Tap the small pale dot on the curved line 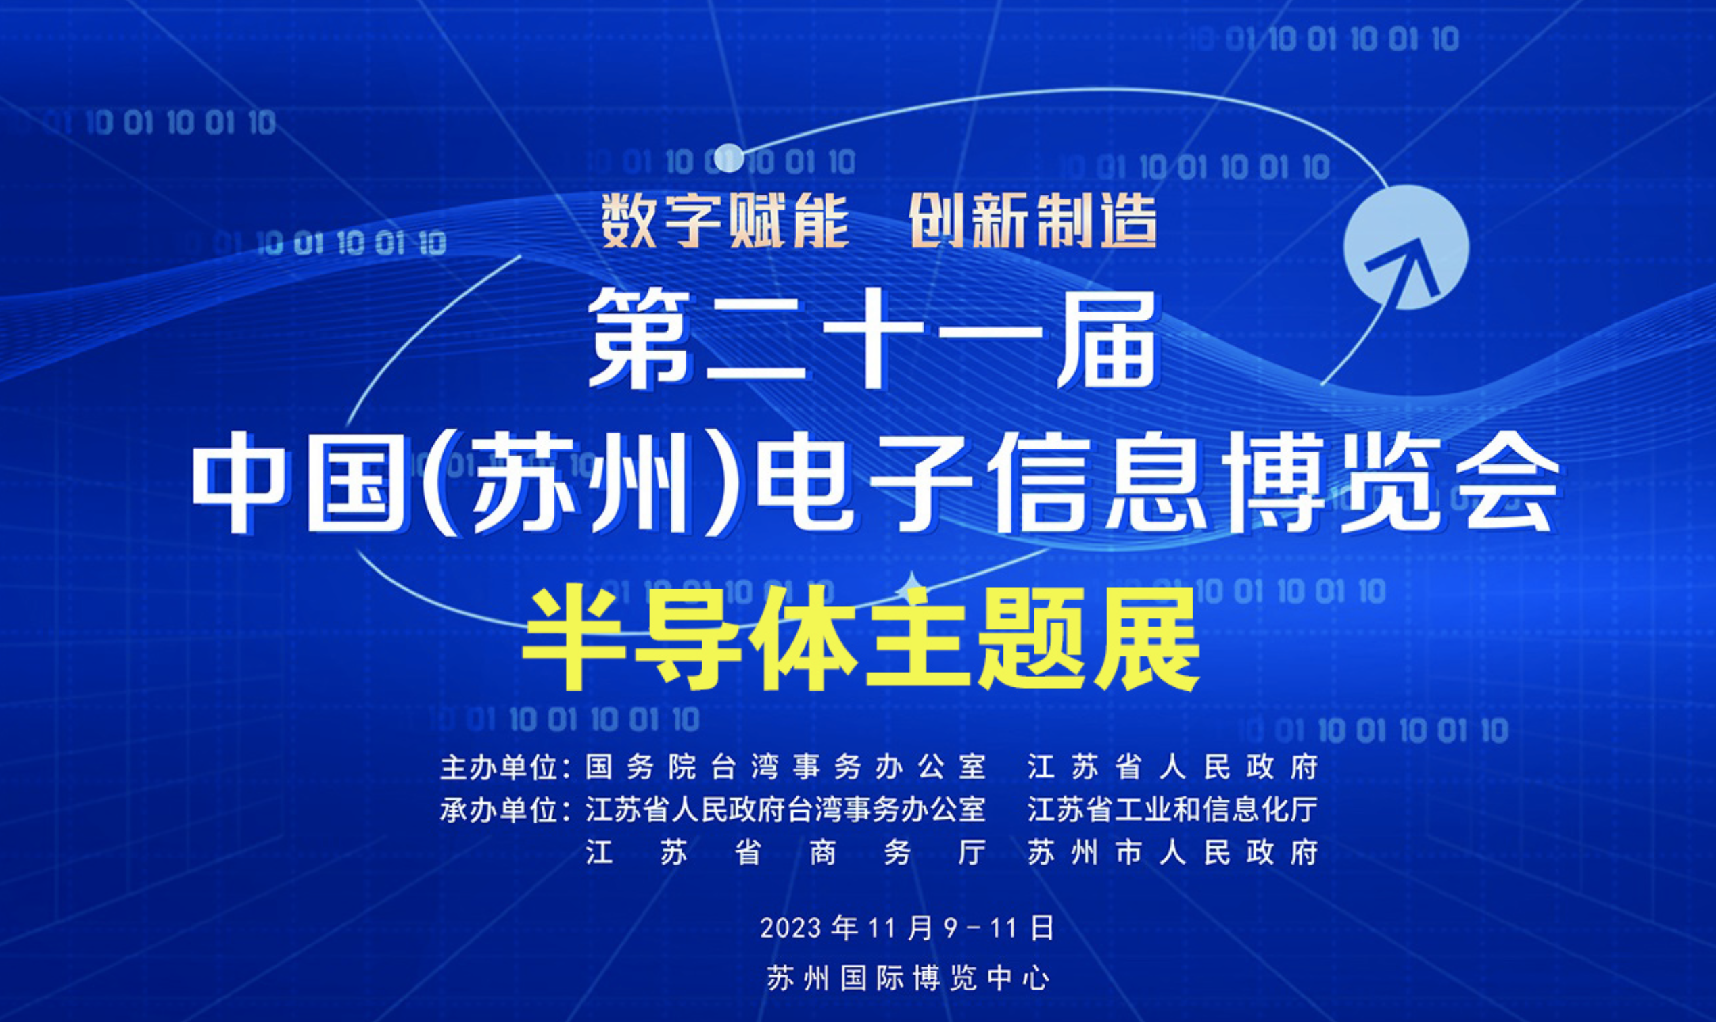click(729, 158)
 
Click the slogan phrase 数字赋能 click(725, 221)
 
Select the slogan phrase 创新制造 click(1032, 221)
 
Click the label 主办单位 click(498, 767)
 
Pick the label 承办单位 click(498, 810)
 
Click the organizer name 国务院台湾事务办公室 click(786, 767)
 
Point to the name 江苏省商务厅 click(786, 853)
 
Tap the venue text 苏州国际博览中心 click(908, 978)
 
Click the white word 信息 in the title click(1095, 483)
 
